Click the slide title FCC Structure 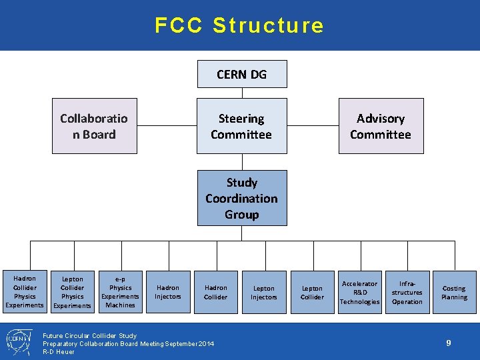[239, 25]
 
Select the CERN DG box [241, 74]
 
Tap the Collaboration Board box [95, 126]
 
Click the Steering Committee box [241, 126]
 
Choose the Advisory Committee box [381, 126]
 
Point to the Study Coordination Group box [241, 198]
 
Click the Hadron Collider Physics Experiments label [25, 291]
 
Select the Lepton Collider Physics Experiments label [72, 292]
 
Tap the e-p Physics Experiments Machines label [120, 292]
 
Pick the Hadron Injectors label [168, 292]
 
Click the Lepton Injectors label [264, 293]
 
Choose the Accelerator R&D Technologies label [360, 292]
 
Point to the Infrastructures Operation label [407, 292]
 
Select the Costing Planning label [454, 293]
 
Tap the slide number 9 [449, 343]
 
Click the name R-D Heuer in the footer [59, 351]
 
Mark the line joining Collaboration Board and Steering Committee [166, 126]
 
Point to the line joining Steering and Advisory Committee [313, 126]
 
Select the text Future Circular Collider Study [89, 335]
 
